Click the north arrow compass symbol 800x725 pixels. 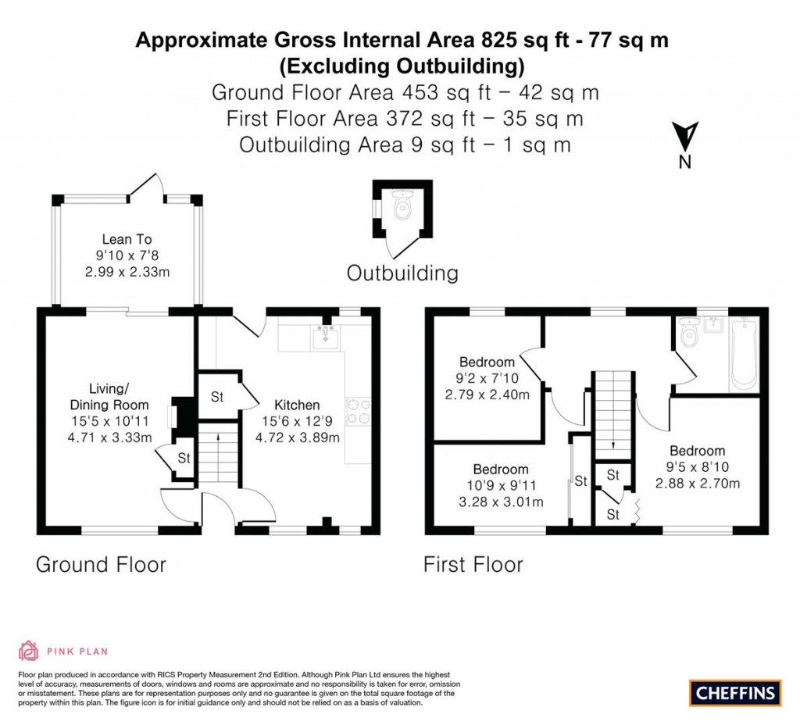685,137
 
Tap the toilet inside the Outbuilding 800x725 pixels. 403,207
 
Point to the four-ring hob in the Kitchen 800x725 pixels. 359,412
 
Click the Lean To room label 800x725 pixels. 127,239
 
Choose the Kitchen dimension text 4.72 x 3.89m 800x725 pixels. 297,437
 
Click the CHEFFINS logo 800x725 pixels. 734,691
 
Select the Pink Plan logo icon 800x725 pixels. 28,650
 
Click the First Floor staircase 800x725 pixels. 613,414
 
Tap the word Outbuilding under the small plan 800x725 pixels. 402,273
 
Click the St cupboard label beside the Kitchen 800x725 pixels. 216,397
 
